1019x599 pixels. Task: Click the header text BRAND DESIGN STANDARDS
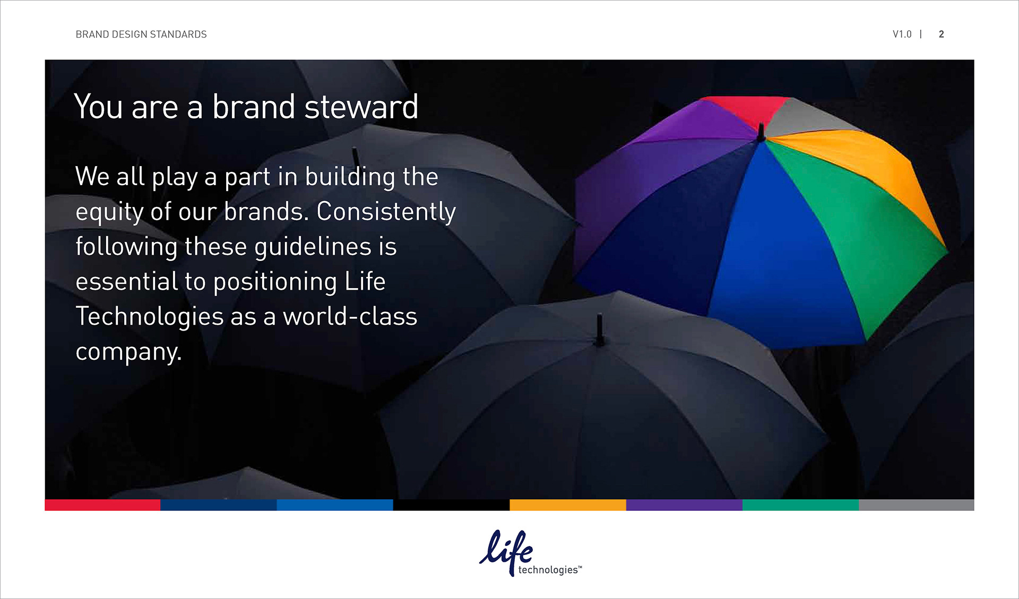[x=141, y=34]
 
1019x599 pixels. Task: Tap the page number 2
[x=942, y=34]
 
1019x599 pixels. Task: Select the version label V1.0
[x=902, y=34]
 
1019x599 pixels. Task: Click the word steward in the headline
[x=361, y=107]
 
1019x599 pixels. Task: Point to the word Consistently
[x=386, y=212]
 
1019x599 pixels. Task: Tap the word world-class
[x=350, y=317]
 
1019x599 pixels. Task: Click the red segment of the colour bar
[x=102, y=505]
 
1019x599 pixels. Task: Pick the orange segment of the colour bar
[x=568, y=505]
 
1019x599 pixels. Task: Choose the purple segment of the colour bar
[x=684, y=505]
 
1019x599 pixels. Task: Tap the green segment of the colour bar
[x=800, y=505]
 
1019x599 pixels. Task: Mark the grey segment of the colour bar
[x=917, y=505]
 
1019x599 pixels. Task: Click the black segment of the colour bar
[x=451, y=505]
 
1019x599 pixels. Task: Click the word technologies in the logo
[x=548, y=570]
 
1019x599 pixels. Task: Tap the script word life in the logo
[x=507, y=551]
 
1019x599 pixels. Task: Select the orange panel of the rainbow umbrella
[x=870, y=170]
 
